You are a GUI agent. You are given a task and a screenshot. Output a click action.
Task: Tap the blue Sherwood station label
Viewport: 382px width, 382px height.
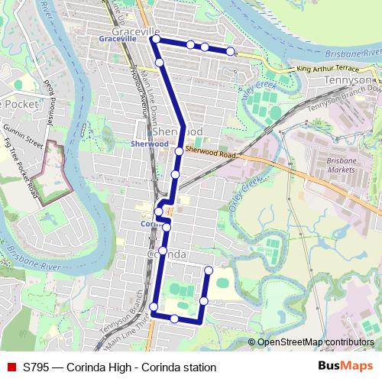pos(149,144)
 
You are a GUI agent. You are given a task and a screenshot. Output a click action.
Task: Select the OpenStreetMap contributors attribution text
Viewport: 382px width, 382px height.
pos(316,342)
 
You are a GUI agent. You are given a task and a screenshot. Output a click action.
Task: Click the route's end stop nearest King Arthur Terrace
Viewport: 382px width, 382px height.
pos(230,51)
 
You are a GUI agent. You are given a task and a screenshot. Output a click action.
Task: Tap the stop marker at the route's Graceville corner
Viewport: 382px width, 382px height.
pos(156,38)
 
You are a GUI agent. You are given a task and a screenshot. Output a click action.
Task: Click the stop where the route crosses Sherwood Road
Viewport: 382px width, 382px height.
pos(179,151)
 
